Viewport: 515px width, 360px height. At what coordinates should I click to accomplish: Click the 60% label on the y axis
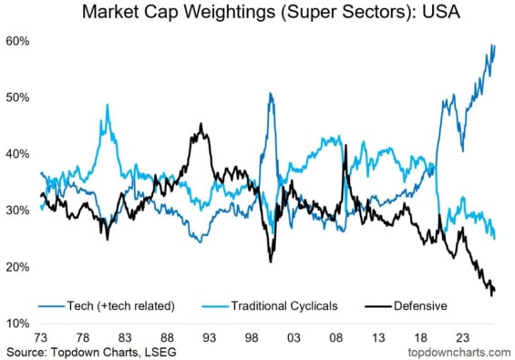click(17, 41)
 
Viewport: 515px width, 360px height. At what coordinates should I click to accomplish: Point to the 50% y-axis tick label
click(17, 98)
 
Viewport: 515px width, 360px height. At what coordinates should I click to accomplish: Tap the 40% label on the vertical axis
click(17, 154)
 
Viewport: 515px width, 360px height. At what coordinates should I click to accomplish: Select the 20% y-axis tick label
click(17, 267)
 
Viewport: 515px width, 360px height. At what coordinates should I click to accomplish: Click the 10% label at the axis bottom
click(17, 324)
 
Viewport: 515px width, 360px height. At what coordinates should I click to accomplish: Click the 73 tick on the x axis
click(41, 337)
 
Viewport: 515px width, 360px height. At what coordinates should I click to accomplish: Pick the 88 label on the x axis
click(167, 337)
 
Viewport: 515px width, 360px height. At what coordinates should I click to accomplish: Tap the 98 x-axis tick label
click(252, 337)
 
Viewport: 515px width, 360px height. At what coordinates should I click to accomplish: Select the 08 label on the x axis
click(336, 337)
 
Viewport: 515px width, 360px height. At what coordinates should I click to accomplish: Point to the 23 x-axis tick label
click(462, 337)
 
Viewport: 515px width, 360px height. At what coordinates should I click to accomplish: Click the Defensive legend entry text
click(420, 306)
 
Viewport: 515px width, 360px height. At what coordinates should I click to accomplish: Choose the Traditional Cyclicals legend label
click(284, 306)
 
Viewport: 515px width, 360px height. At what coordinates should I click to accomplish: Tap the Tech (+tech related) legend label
click(121, 306)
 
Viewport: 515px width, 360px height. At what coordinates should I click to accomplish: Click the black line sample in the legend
click(378, 307)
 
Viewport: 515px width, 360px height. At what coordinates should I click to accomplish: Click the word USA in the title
click(440, 12)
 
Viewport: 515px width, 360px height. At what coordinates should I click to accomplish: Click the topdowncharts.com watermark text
click(459, 353)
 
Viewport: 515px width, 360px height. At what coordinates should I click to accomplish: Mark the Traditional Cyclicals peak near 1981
click(108, 105)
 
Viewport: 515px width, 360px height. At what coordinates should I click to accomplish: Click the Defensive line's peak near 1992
click(201, 124)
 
